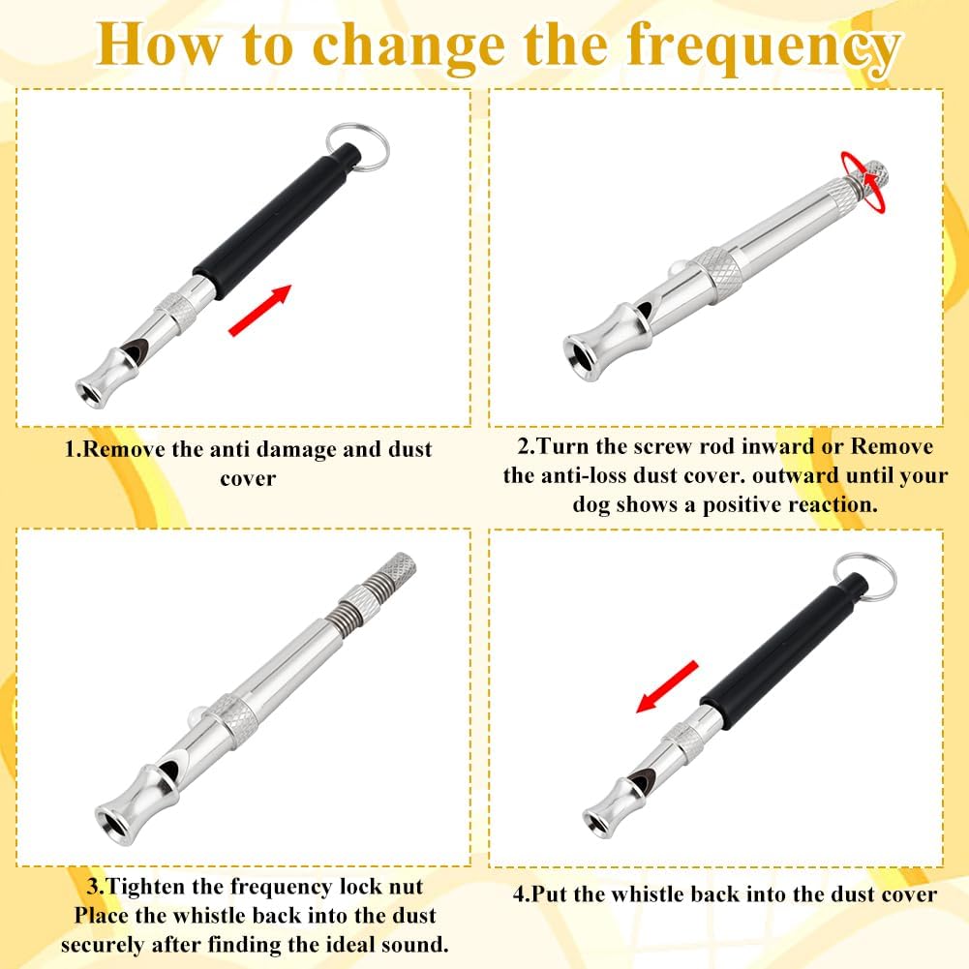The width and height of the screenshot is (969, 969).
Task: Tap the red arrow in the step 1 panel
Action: coord(259,311)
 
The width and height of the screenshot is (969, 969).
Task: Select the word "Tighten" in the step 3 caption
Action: coord(159,887)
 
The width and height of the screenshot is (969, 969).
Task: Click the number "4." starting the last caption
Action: coord(523,893)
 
